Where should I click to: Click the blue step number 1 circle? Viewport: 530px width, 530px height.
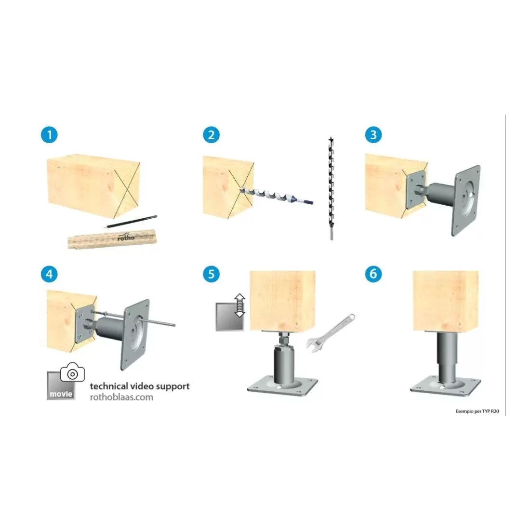tap(49, 135)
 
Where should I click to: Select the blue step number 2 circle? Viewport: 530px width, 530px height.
tap(211, 135)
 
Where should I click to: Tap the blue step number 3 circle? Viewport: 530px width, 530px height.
tap(373, 134)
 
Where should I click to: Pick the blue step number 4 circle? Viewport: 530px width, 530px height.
tap(49, 274)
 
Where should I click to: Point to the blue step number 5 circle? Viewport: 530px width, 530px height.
tap(211, 274)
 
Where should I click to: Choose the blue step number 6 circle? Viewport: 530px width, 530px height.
tap(373, 274)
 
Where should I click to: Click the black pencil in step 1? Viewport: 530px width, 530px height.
tap(131, 222)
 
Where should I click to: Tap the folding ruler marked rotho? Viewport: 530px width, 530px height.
tap(112, 238)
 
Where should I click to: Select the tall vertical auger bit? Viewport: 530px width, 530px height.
tap(331, 188)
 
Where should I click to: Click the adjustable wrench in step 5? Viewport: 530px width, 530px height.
tap(330, 333)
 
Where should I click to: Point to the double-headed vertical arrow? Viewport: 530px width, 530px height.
tap(239, 305)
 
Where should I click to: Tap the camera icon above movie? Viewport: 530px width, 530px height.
tap(72, 372)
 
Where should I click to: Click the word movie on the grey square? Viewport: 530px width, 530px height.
tap(61, 394)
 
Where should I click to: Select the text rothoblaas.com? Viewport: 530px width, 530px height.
tap(121, 397)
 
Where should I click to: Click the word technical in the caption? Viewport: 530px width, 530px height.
tap(109, 386)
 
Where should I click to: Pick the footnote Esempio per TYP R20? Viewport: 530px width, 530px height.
tap(477, 411)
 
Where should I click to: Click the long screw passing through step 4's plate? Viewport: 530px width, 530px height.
tap(133, 318)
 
